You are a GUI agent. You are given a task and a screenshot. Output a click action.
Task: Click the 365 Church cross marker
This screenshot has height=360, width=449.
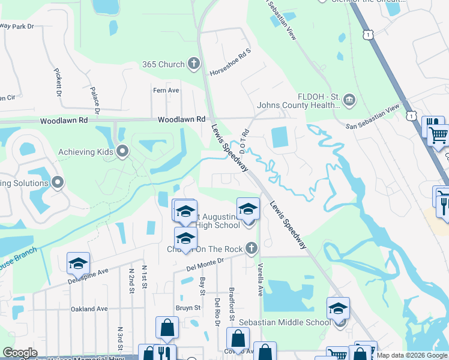[193, 63]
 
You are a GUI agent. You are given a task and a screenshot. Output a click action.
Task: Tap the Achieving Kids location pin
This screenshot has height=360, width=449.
[123, 151]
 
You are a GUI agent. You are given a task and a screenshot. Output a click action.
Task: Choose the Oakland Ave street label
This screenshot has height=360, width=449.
[89, 309]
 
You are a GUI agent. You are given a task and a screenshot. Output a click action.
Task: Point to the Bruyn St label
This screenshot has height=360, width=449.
[188, 308]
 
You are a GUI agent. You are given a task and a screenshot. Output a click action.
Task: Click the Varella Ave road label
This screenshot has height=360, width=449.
[261, 280]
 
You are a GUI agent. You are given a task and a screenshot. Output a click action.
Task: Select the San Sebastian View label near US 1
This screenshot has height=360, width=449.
[372, 117]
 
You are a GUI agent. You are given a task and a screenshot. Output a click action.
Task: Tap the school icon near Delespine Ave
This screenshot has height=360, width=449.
[78, 263]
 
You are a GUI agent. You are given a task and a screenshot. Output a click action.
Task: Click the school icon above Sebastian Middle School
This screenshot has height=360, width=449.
[338, 308]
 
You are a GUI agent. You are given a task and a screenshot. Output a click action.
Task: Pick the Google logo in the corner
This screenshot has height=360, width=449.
[20, 353]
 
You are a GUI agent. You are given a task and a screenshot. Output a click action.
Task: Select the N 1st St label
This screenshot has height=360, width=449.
[144, 277]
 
